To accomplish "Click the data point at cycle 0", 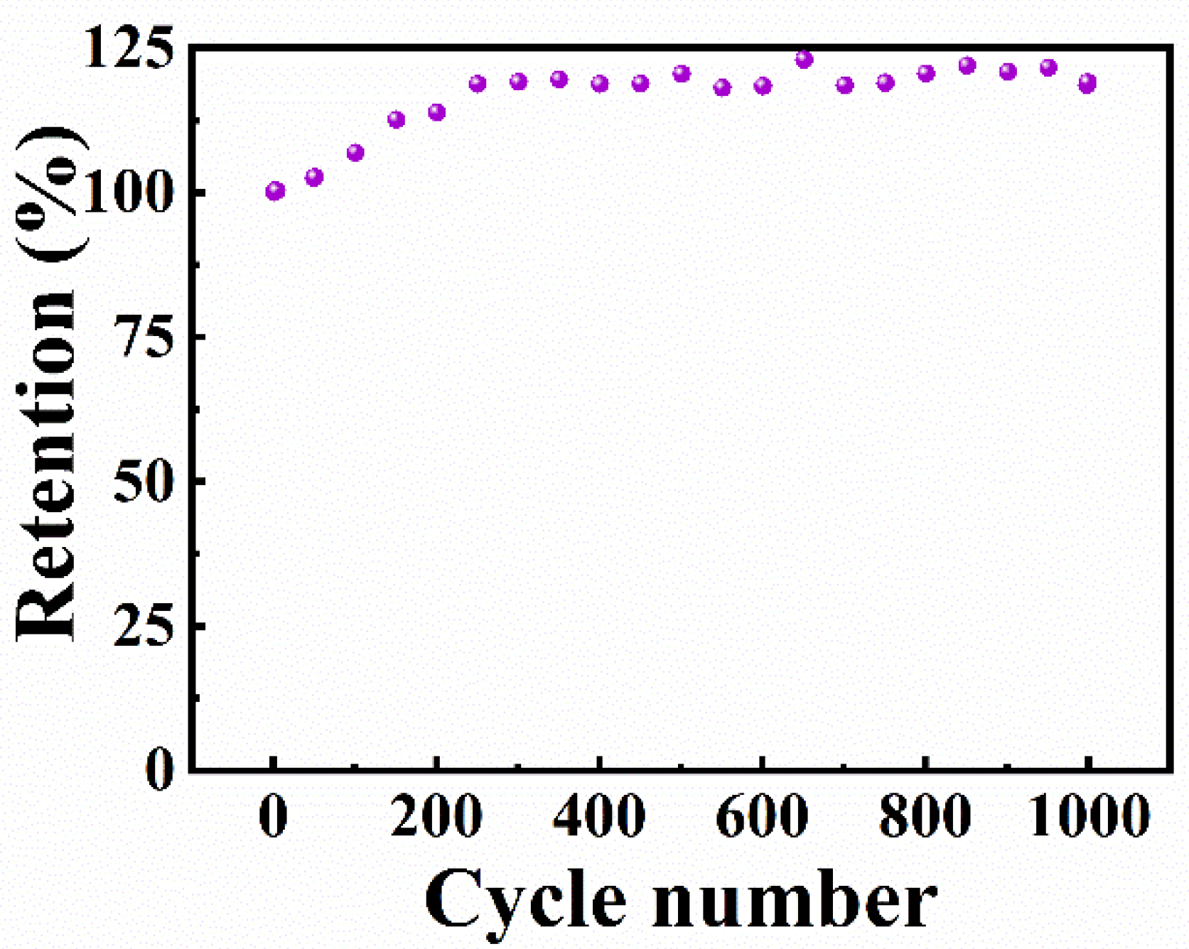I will [x=275, y=190].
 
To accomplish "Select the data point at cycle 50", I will [x=314, y=177].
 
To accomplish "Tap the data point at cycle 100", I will [x=355, y=153].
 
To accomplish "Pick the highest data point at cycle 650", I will [x=804, y=60].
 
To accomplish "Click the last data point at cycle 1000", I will [x=1087, y=83].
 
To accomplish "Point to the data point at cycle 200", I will [x=436, y=112].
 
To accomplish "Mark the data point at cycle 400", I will [x=600, y=84].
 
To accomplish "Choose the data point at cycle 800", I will [x=926, y=73].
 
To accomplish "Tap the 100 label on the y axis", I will [x=129, y=193].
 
